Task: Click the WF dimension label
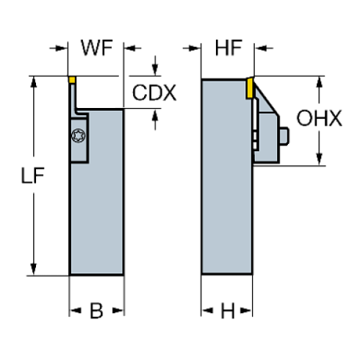(x=96, y=49)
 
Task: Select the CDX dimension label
(x=154, y=93)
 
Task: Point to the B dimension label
(x=96, y=310)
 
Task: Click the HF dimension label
(x=226, y=49)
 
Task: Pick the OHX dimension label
(x=320, y=118)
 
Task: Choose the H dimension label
(x=228, y=310)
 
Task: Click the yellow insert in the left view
(x=72, y=79)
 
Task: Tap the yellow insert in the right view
(x=251, y=87)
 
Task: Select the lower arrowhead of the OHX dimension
(x=320, y=160)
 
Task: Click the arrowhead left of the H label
(x=207, y=311)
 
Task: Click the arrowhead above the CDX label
(x=154, y=68)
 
